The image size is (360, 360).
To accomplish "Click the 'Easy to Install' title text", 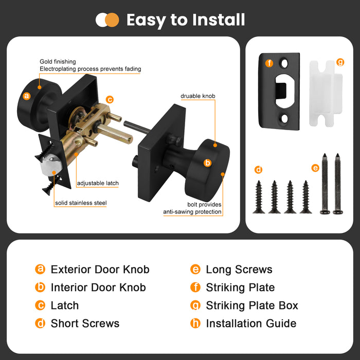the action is click(186, 20).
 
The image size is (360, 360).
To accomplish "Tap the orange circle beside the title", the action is click(112, 20).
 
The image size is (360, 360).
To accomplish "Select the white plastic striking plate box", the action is click(326, 94).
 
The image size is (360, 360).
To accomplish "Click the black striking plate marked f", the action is click(279, 92).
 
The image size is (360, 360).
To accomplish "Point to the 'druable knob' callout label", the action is click(197, 96).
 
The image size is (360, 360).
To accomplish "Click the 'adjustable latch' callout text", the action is click(98, 183).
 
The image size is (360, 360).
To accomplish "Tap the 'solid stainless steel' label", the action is click(81, 203).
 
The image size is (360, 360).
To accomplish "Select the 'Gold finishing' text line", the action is click(58, 62).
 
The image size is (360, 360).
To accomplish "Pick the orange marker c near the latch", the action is click(110, 100).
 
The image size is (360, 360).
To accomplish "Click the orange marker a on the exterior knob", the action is click(27, 96).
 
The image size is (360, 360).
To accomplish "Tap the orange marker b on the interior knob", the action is click(207, 163).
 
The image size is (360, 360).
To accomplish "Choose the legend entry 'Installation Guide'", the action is click(251, 323).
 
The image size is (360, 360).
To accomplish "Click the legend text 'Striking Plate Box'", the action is click(252, 305).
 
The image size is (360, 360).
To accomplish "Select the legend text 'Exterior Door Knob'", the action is click(100, 269).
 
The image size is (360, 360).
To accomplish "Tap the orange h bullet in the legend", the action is click(195, 323).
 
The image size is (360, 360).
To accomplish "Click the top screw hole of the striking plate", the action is click(284, 63).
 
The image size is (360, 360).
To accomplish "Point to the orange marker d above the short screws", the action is click(258, 170).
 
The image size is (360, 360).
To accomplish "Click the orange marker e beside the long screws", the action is click(315, 168).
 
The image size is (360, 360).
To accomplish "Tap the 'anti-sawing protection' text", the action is click(192, 212).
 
